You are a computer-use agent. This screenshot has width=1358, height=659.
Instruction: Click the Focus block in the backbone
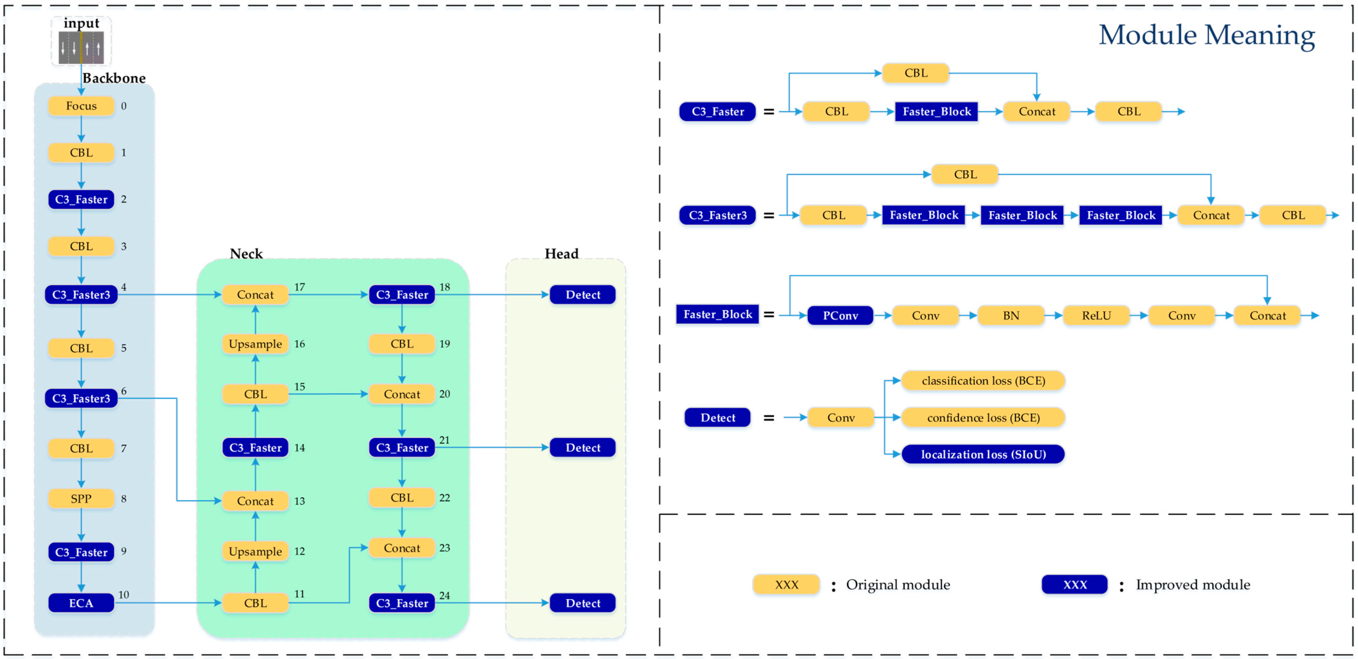(x=81, y=106)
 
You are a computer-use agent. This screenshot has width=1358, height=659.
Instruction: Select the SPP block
(x=81, y=499)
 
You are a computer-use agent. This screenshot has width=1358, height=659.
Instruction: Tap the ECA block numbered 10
(x=81, y=603)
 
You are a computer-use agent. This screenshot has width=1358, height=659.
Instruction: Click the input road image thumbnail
(x=81, y=48)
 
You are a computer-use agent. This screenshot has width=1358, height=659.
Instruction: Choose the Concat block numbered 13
(x=255, y=501)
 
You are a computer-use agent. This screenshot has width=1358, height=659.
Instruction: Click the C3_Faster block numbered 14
(x=255, y=448)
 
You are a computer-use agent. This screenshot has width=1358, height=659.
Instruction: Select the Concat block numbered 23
(x=402, y=548)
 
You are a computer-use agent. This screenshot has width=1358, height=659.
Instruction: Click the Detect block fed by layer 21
(x=583, y=448)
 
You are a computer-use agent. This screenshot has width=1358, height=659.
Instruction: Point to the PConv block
(x=840, y=316)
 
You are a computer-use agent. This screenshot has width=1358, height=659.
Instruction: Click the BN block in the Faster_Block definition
(x=1011, y=316)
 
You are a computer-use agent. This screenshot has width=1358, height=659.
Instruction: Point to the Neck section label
(x=246, y=254)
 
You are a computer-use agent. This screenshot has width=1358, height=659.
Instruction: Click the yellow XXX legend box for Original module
(x=786, y=585)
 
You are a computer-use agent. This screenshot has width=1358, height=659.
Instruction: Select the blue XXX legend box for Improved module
(x=1074, y=585)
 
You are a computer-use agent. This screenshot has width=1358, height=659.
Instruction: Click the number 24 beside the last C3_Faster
(x=444, y=595)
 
